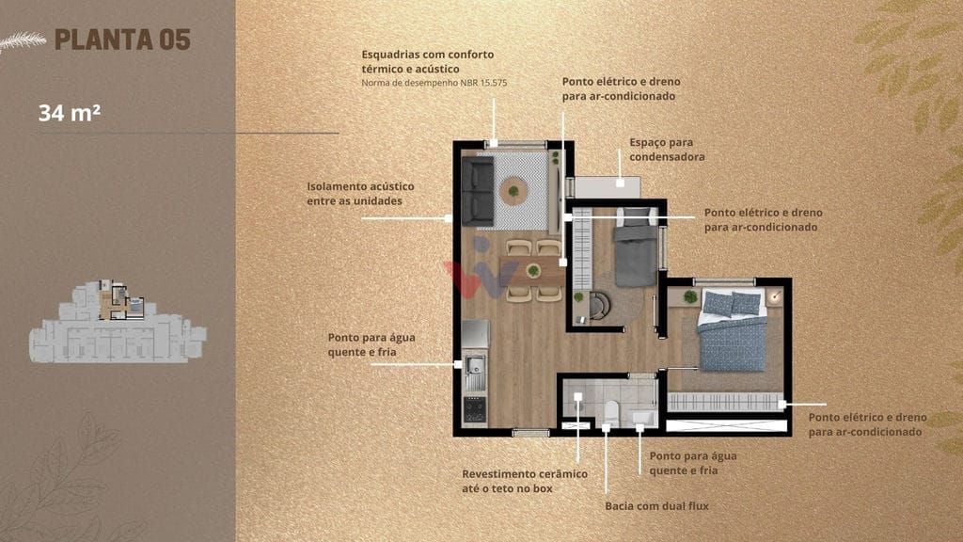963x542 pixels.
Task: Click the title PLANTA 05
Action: pyautogui.click(x=122, y=40)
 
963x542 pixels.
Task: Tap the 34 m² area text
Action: pyautogui.click(x=70, y=113)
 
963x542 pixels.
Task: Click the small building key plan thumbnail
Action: pyautogui.click(x=118, y=322)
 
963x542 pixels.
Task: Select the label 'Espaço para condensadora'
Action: pyautogui.click(x=667, y=150)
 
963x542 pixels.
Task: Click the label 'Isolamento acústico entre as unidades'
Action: pyautogui.click(x=360, y=194)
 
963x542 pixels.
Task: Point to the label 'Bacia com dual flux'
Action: pyautogui.click(x=656, y=506)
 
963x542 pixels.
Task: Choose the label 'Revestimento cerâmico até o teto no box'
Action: pyautogui.click(x=525, y=481)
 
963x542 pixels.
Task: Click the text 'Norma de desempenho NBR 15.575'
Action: pyautogui.click(x=434, y=83)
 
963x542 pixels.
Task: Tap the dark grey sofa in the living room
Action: pyautogui.click(x=478, y=191)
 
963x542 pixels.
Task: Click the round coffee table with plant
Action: pyautogui.click(x=513, y=191)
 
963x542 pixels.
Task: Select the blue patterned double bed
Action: pyautogui.click(x=732, y=330)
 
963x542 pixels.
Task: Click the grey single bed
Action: pyautogui.click(x=637, y=247)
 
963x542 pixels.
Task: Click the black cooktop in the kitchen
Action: pyautogui.click(x=475, y=410)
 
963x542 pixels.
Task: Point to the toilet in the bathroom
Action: pyautogui.click(x=611, y=412)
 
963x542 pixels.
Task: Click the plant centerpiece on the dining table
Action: pyautogui.click(x=534, y=270)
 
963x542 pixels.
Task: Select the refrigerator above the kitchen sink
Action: pyautogui.click(x=475, y=334)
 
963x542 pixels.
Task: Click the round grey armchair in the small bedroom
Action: pyautogui.click(x=599, y=306)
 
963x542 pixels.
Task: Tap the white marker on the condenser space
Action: pyautogui.click(x=621, y=183)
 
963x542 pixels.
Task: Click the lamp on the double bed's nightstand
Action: pyautogui.click(x=776, y=297)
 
